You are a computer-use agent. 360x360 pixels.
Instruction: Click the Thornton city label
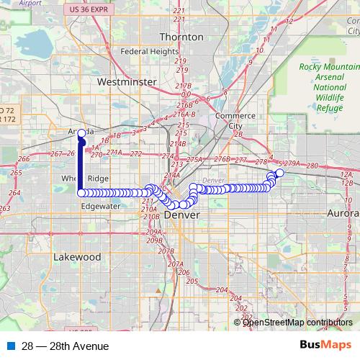(x=176, y=36)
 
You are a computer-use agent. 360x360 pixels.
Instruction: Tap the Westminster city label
(x=130, y=82)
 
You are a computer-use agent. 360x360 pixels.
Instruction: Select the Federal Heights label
(x=149, y=52)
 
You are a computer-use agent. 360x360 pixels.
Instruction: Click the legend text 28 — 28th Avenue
(x=65, y=346)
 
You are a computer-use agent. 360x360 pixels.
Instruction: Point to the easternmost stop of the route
(x=280, y=173)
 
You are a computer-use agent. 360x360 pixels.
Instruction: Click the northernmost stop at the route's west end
(x=81, y=132)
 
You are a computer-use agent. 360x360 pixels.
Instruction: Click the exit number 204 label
(x=222, y=289)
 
